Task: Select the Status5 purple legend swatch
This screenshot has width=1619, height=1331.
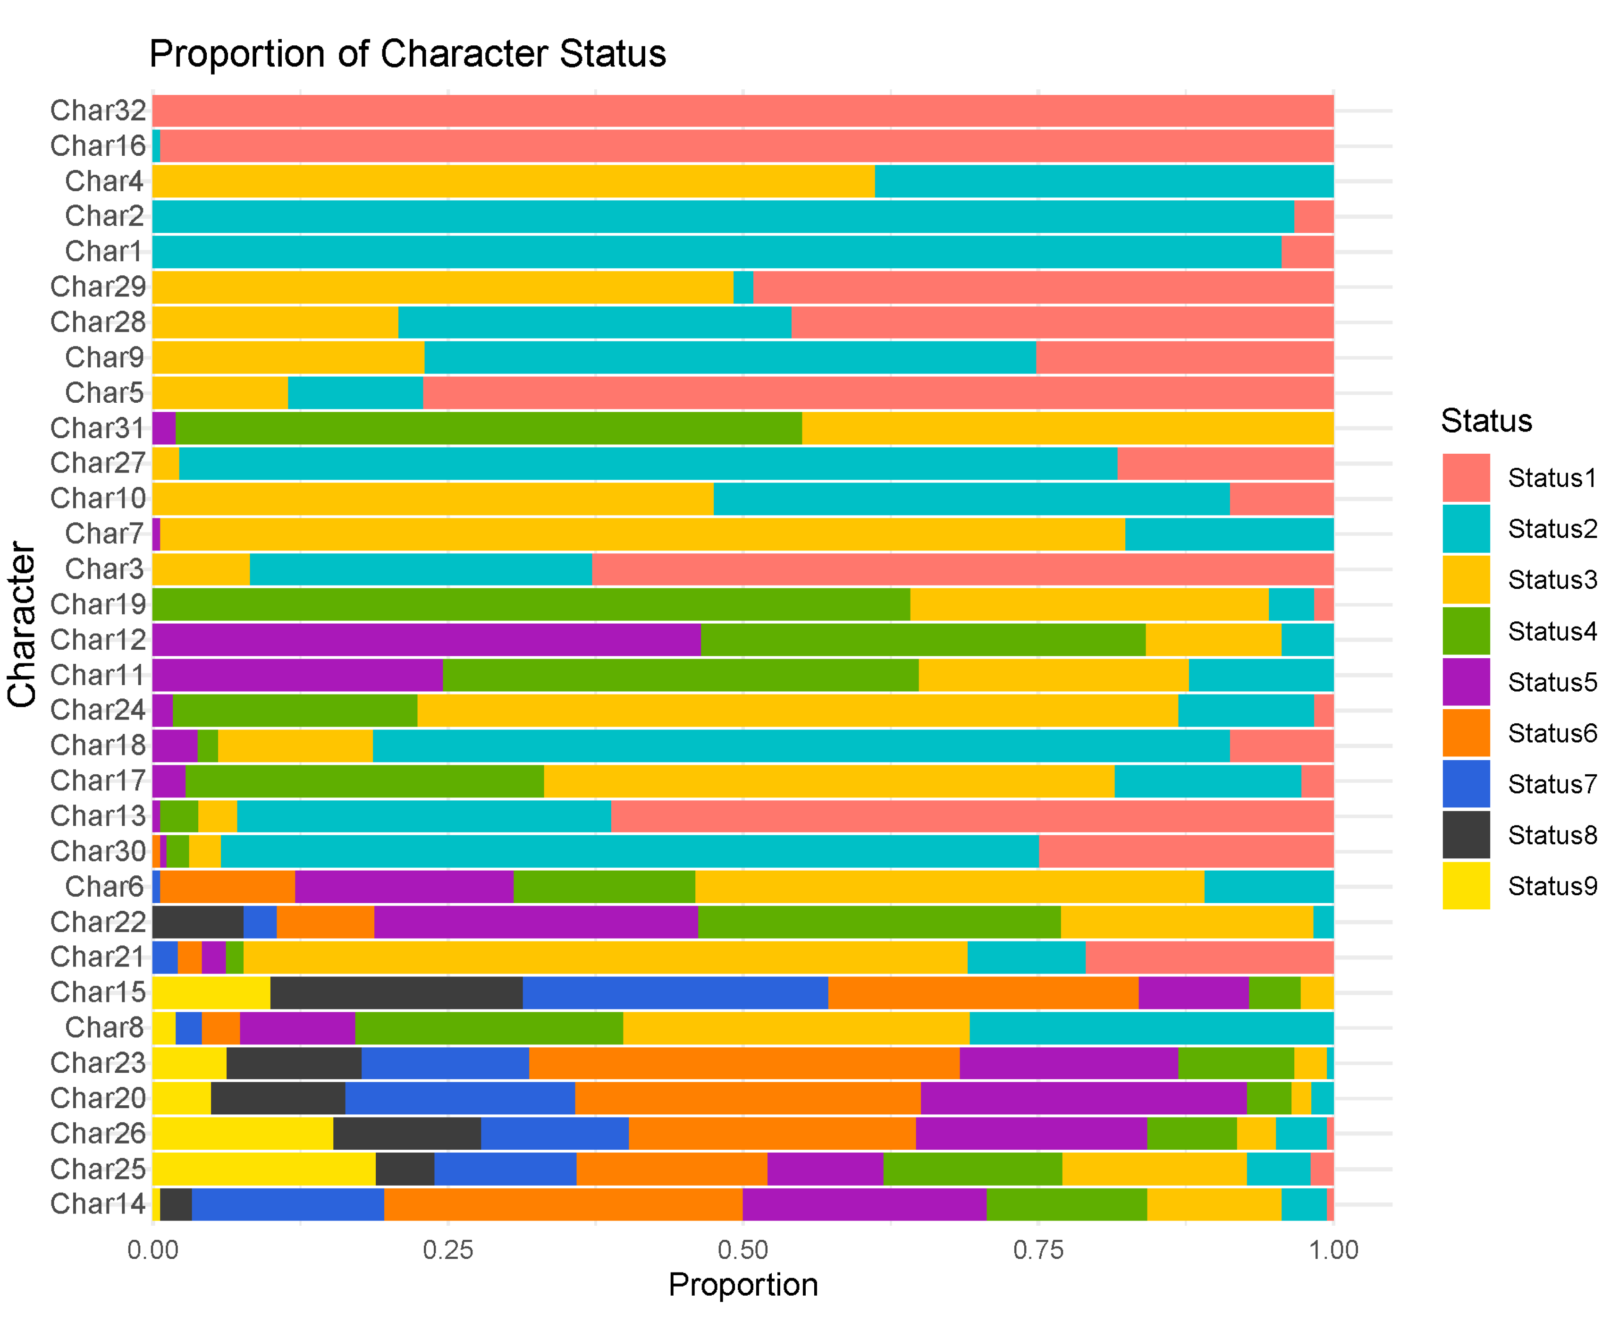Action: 1465,682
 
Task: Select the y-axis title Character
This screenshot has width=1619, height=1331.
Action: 21,624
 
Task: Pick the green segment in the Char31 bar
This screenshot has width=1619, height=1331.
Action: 489,428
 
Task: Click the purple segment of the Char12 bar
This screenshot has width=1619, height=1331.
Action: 426,639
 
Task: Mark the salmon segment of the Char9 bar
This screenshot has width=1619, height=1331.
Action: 1184,357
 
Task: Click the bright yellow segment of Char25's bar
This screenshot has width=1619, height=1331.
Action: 264,1169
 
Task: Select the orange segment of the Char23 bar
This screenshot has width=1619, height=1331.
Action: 743,1063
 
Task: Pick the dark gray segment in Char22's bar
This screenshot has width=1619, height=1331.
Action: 198,922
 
